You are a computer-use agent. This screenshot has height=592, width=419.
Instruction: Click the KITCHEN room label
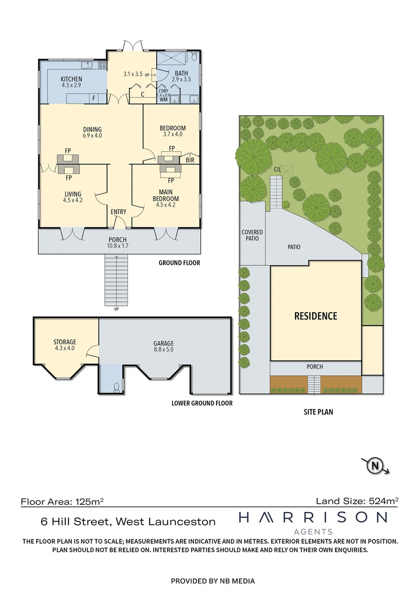tap(71, 82)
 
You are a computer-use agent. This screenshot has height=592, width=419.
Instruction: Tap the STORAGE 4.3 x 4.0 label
tap(65, 345)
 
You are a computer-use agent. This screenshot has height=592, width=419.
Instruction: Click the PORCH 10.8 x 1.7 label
tap(118, 243)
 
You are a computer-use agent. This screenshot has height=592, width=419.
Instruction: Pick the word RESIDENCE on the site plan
tap(315, 316)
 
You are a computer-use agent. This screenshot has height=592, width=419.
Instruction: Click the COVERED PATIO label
tap(252, 236)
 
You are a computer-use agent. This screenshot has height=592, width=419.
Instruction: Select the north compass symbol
tap(376, 466)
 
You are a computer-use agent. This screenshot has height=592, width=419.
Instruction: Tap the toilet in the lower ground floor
tap(116, 388)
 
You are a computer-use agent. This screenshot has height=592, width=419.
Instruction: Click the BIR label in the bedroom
tap(190, 161)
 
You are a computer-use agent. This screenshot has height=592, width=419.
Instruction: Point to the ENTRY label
tap(118, 212)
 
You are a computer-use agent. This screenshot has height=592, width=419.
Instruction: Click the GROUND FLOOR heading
tap(179, 263)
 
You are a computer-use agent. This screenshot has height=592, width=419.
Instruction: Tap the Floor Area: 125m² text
tap(63, 501)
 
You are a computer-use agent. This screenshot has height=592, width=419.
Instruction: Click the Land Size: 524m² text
tap(356, 500)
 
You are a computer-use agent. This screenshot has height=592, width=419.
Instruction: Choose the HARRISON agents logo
tap(313, 521)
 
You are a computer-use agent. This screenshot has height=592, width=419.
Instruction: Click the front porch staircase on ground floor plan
tap(116, 281)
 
